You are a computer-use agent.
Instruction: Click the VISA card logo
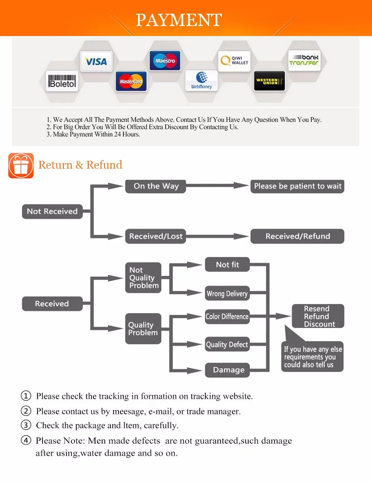tap(96, 61)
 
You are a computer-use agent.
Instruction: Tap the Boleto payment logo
tap(62, 81)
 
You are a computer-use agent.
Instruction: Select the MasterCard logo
tap(131, 81)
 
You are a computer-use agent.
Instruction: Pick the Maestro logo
tap(165, 61)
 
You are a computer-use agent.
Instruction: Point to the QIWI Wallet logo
tap(234, 60)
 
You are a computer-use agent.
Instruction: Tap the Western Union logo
tap(269, 81)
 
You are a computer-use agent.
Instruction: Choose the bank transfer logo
tap(304, 60)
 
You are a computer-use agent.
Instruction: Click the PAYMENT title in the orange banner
tap(179, 20)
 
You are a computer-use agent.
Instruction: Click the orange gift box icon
tap(21, 166)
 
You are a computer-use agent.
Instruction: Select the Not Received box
tap(52, 211)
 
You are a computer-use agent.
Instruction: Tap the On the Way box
tap(156, 186)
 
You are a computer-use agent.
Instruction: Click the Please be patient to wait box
tap(298, 186)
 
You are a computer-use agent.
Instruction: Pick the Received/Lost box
tap(155, 236)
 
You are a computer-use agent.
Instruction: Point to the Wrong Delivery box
tap(227, 294)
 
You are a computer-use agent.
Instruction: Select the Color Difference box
tap(227, 317)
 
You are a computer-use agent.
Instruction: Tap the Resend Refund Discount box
tap(318, 316)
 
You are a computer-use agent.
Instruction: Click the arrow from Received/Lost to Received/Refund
tap(218, 236)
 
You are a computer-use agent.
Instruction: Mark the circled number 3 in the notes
tap(26, 425)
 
